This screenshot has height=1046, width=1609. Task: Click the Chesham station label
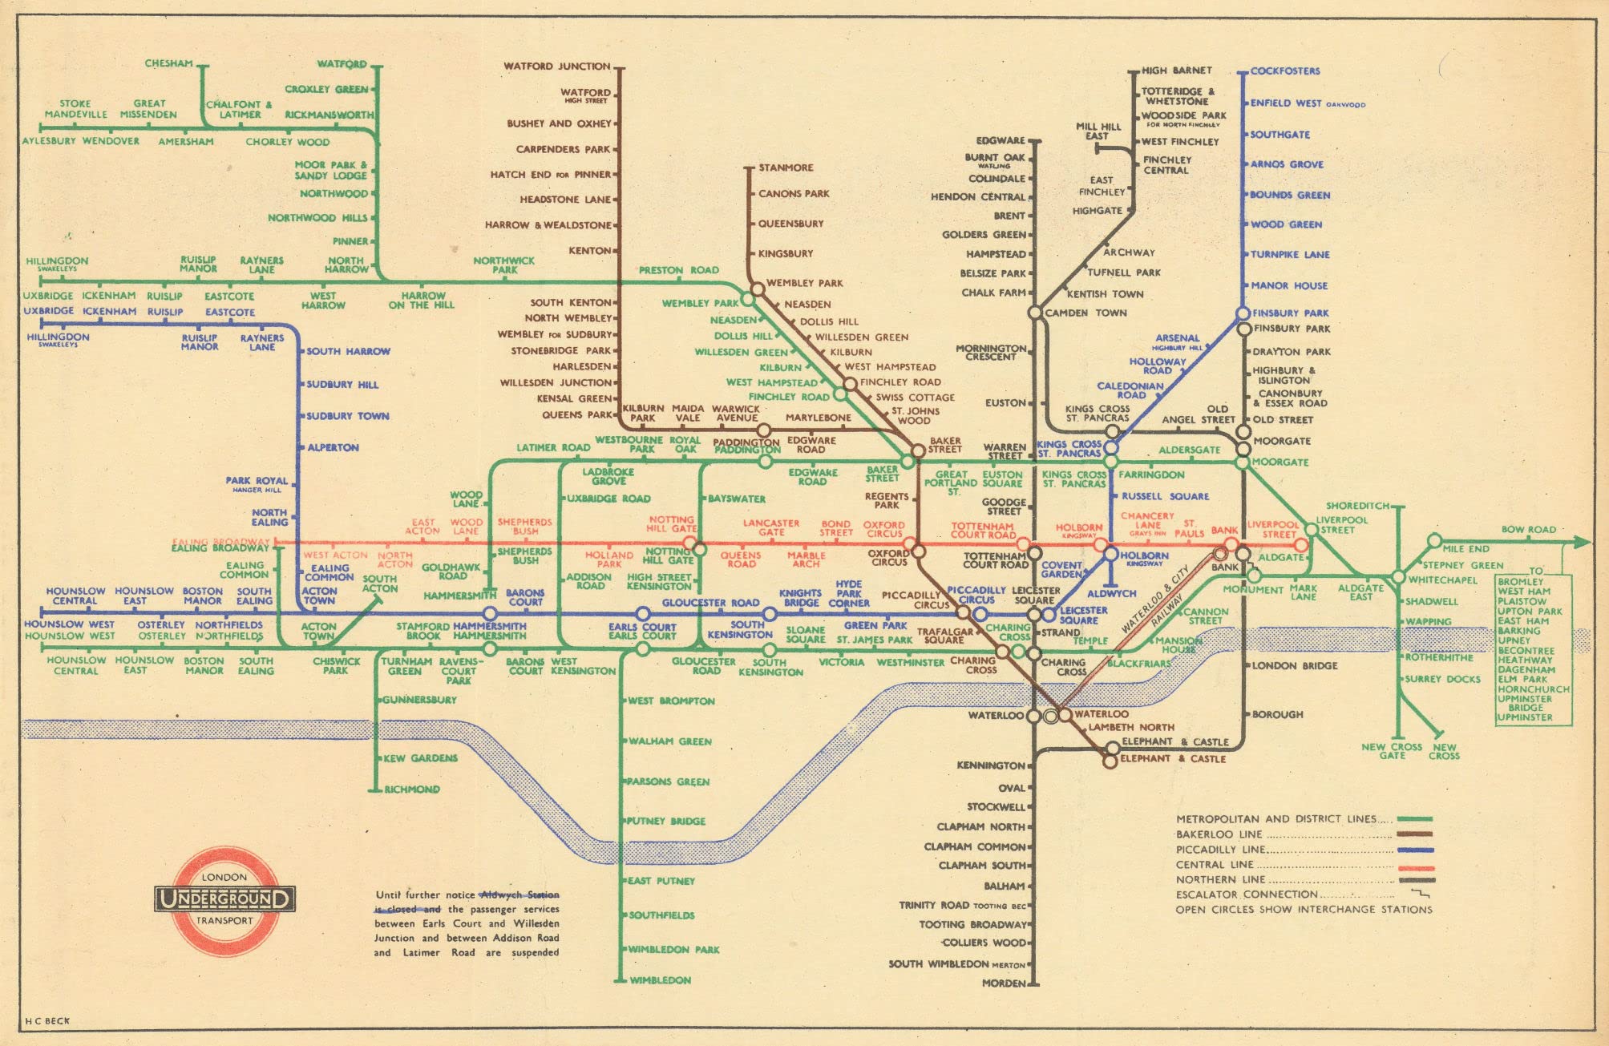point(168,63)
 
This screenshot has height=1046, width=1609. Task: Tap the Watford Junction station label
point(556,67)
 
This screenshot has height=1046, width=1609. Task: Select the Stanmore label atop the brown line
point(786,168)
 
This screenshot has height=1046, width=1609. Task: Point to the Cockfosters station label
point(1284,71)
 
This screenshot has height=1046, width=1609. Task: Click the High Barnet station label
point(1176,71)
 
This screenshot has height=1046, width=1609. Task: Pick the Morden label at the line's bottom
point(1003,983)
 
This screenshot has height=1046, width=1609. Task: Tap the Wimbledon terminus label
point(660,979)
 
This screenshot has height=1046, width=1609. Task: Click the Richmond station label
point(412,789)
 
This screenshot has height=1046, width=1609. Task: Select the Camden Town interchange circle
point(1035,313)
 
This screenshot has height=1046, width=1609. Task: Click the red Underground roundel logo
point(224,899)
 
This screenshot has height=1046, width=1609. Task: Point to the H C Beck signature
point(47,1021)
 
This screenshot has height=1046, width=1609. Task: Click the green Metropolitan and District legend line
point(1414,819)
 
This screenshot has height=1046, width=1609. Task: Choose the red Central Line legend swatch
point(1414,866)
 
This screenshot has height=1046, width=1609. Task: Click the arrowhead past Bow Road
point(1582,543)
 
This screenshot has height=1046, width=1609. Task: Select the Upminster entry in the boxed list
point(1525,717)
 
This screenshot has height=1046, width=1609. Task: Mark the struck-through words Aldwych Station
point(519,895)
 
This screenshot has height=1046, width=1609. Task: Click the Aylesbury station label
point(48,141)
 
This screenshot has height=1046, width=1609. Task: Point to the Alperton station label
point(333,447)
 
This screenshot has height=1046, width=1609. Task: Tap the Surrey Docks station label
point(1442,679)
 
